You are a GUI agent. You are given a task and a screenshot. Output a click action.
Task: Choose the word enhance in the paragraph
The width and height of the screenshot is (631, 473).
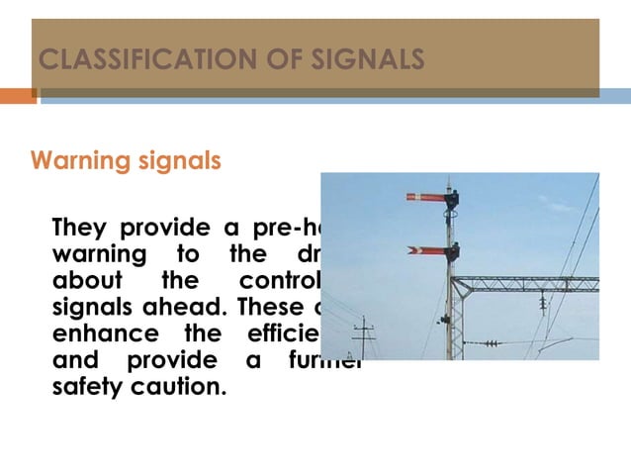point(97,331)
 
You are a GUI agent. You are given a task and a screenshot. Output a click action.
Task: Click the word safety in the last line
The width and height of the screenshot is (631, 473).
point(87,384)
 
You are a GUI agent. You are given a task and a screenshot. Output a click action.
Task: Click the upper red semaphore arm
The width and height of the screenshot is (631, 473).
point(426,197)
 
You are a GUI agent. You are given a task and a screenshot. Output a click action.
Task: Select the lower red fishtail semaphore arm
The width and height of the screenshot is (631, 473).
point(427,249)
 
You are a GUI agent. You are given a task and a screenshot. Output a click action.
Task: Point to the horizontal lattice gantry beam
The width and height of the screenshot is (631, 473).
point(534,284)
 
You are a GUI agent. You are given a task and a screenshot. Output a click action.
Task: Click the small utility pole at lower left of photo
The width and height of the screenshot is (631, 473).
point(365,336)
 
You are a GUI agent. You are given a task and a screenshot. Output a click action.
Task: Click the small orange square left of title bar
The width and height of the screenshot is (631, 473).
point(18,96)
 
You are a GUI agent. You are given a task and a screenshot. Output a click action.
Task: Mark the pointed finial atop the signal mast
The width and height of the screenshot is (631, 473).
point(449,182)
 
